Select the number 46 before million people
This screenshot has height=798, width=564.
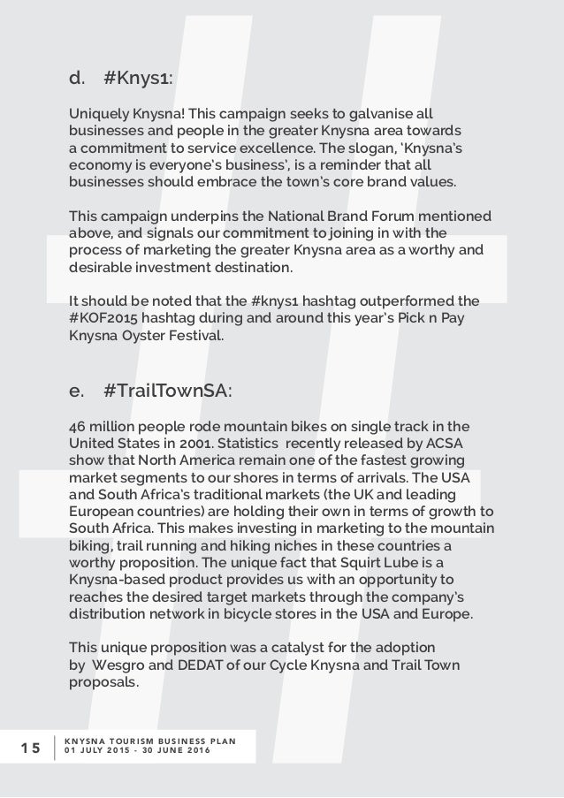[x=78, y=422]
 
